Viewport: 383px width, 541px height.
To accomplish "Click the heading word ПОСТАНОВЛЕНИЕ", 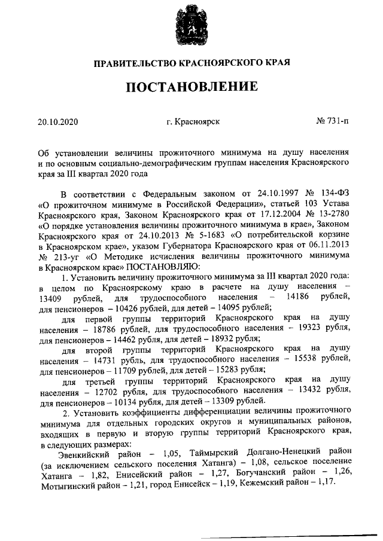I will click(x=191, y=87).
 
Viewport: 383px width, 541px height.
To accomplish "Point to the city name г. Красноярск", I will click(x=193, y=122).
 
